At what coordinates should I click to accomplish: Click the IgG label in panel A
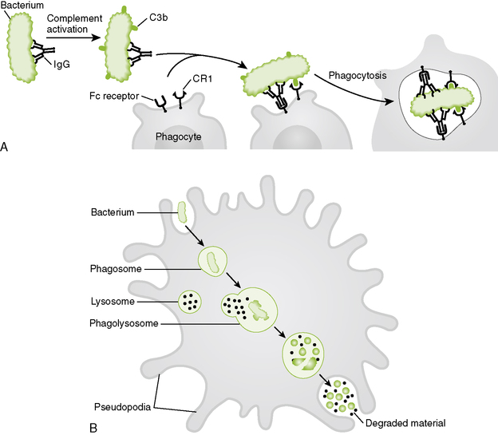point(61,65)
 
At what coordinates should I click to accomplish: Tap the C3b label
point(159,18)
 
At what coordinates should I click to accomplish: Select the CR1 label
point(203,78)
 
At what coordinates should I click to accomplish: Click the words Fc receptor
point(114,96)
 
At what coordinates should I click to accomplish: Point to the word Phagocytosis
point(358,76)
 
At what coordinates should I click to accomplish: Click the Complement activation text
point(74,24)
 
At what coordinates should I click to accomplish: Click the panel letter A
point(4,147)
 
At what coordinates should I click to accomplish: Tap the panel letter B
point(93,427)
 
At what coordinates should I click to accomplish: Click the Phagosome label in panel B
point(116,269)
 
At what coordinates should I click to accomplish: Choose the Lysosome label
point(113,301)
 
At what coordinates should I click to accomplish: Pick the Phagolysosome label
point(124,323)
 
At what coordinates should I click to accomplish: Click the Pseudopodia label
point(122,407)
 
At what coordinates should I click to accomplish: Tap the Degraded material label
point(405,423)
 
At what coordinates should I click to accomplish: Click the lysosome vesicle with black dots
point(190,302)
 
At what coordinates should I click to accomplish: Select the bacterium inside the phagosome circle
point(213,262)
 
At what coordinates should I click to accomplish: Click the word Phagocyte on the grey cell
point(179,136)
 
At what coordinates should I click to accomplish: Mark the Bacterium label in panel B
point(113,212)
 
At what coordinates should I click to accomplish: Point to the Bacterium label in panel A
point(22,5)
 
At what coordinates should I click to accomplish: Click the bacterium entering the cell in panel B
point(182,212)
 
